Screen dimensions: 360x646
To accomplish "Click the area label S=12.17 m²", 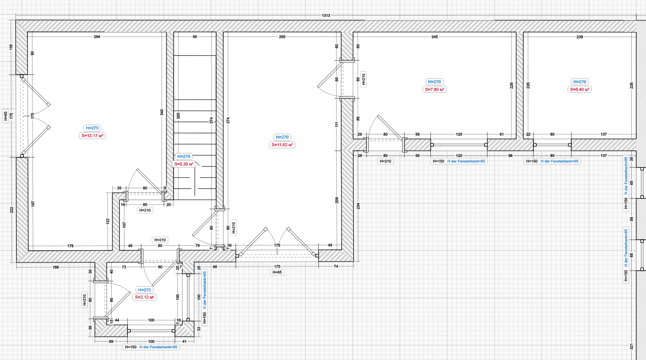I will [92, 136].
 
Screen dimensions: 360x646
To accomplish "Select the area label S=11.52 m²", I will [282, 145].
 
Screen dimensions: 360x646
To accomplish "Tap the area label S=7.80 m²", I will [435, 89].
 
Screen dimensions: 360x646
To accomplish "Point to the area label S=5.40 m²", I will [580, 89].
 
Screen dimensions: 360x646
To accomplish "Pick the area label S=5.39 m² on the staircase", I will [184, 164].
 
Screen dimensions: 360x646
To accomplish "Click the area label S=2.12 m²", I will [144, 297].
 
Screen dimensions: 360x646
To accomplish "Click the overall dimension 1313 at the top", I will [326, 16].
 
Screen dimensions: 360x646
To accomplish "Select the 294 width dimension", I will [96, 37].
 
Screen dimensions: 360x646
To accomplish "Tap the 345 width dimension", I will [434, 37].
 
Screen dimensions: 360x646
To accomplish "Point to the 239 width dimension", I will [580, 37].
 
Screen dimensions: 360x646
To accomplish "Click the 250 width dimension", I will [282, 37].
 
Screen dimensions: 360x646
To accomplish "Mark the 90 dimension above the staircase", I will [194, 37].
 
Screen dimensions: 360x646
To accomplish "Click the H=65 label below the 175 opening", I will [277, 272].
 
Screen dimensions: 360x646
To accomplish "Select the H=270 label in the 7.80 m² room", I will [435, 82].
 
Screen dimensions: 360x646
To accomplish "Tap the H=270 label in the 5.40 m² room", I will [580, 82].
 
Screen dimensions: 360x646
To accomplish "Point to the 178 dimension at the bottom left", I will [70, 246].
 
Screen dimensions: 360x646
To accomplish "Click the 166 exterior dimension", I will [56, 267].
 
